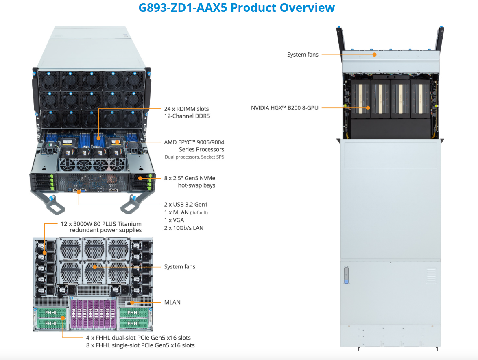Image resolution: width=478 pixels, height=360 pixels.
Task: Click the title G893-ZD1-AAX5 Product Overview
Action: click(236, 8)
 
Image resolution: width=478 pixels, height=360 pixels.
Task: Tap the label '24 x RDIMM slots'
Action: click(187, 109)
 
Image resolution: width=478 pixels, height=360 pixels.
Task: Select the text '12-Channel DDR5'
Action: click(187, 116)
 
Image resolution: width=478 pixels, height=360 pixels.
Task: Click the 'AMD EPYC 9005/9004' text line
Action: click(194, 142)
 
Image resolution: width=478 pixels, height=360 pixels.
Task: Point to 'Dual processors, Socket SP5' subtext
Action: click(194, 157)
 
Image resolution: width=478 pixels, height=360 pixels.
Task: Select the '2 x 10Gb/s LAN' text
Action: click(184, 228)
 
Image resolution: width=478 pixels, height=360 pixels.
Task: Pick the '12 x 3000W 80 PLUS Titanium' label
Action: click(101, 223)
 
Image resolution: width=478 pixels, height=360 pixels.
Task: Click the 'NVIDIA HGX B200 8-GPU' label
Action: click(285, 108)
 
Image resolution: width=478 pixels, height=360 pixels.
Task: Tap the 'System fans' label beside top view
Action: click(303, 55)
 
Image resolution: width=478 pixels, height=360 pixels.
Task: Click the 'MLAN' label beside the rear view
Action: click(172, 302)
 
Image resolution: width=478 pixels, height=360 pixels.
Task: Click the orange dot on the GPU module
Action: click(368, 108)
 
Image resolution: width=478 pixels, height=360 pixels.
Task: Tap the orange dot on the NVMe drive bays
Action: click(140, 178)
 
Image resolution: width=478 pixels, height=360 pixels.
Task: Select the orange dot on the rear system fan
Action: click(94, 267)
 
